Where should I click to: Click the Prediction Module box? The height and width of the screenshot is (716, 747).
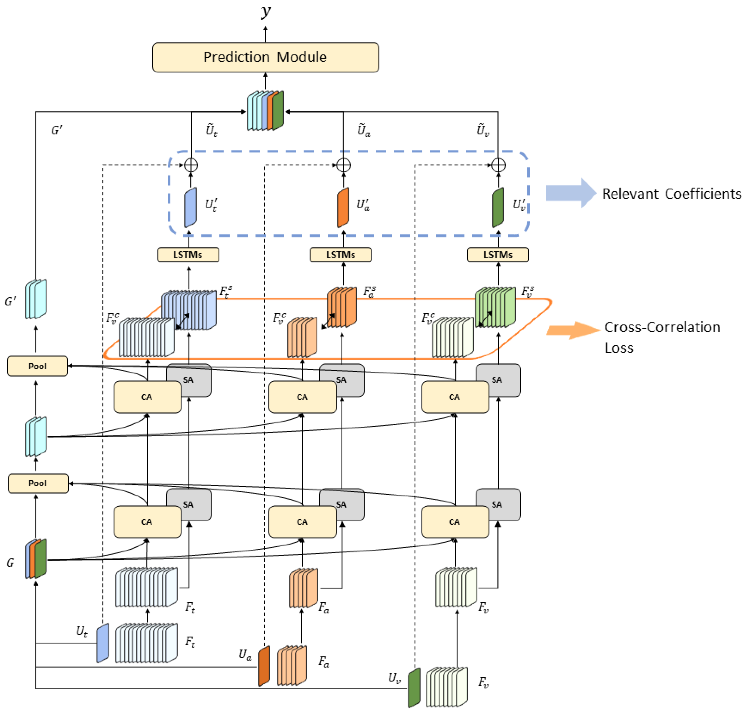(265, 57)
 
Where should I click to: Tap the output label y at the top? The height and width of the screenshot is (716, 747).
(266, 11)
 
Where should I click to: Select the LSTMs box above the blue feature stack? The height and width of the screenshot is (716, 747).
(188, 255)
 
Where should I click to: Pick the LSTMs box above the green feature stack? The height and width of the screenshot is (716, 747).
(498, 255)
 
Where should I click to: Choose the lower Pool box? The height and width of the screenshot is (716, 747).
(38, 483)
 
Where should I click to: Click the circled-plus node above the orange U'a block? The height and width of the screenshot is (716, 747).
(343, 165)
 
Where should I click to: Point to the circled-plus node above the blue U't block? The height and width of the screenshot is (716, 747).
(191, 165)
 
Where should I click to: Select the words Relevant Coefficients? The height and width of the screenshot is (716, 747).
(671, 194)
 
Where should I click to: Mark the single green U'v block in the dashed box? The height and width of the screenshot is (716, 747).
(498, 207)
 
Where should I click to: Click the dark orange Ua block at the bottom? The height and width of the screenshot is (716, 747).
(264, 666)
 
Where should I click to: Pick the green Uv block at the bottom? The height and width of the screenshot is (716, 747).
(414, 688)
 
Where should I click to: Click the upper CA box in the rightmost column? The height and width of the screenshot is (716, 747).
(455, 397)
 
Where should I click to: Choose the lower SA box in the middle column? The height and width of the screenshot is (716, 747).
(342, 504)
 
